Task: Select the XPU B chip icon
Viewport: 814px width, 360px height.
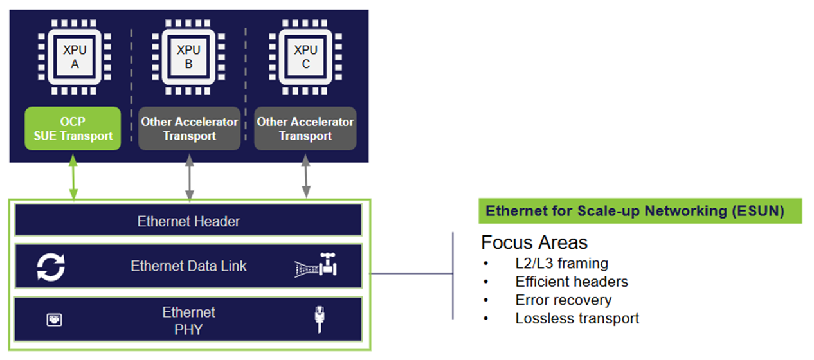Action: click(x=188, y=57)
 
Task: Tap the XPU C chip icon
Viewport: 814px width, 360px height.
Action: click(x=305, y=57)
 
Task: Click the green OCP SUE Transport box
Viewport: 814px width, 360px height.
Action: click(x=73, y=129)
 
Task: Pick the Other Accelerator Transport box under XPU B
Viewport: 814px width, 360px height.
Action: click(x=189, y=129)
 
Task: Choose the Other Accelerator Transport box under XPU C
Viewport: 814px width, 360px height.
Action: click(x=305, y=129)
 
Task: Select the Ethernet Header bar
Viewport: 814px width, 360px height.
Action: click(x=188, y=222)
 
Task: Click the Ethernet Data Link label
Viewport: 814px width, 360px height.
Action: click(x=188, y=266)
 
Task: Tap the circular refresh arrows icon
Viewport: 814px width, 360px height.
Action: click(x=51, y=267)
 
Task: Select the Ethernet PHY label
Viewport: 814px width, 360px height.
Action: click(x=188, y=320)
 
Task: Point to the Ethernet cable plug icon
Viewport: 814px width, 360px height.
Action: click(x=318, y=319)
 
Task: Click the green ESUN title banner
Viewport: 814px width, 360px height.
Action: click(x=640, y=212)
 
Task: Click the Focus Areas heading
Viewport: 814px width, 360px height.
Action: click(x=534, y=243)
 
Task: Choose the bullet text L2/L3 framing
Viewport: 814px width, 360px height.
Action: click(x=561, y=263)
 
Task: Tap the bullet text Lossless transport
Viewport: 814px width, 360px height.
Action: click(x=577, y=318)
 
